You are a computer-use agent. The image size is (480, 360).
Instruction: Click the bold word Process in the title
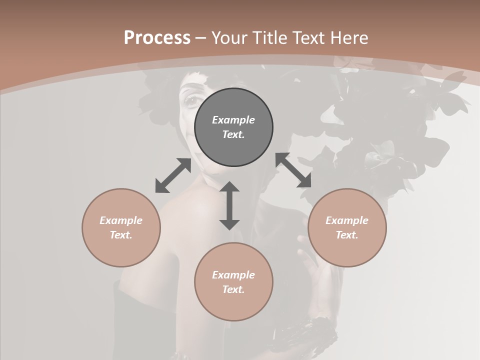[157, 38]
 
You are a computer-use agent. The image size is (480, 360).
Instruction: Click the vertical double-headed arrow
[229, 205]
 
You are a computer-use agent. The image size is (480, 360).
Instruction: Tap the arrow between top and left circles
[173, 175]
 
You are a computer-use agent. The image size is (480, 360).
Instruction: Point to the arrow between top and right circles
[293, 170]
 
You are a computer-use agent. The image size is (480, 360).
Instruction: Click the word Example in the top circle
[233, 120]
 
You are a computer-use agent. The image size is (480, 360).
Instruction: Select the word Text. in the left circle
[121, 235]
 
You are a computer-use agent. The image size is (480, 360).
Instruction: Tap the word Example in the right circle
[347, 220]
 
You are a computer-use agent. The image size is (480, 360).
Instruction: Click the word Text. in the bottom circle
[233, 289]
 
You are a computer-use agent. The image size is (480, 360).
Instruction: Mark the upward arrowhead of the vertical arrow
[229, 187]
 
